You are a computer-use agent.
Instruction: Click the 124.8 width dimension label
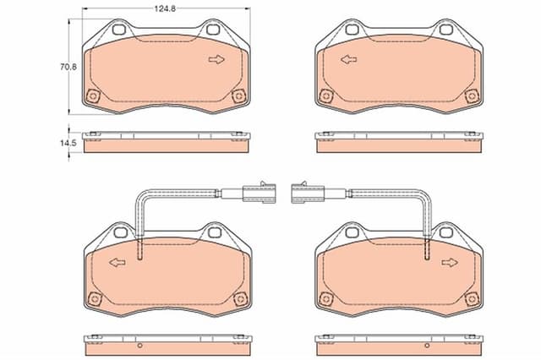165,8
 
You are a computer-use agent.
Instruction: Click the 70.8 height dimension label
68,67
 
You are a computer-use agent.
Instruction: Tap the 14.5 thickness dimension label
68,143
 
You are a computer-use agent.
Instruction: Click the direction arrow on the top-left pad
216,60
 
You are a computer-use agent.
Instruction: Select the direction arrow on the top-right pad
349,60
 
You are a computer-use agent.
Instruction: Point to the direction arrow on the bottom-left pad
117,263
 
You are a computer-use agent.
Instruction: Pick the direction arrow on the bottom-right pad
450,263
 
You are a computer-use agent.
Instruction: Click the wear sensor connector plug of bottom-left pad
260,193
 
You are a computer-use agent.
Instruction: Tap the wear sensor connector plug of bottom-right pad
308,193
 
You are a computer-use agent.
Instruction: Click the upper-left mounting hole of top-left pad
118,30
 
